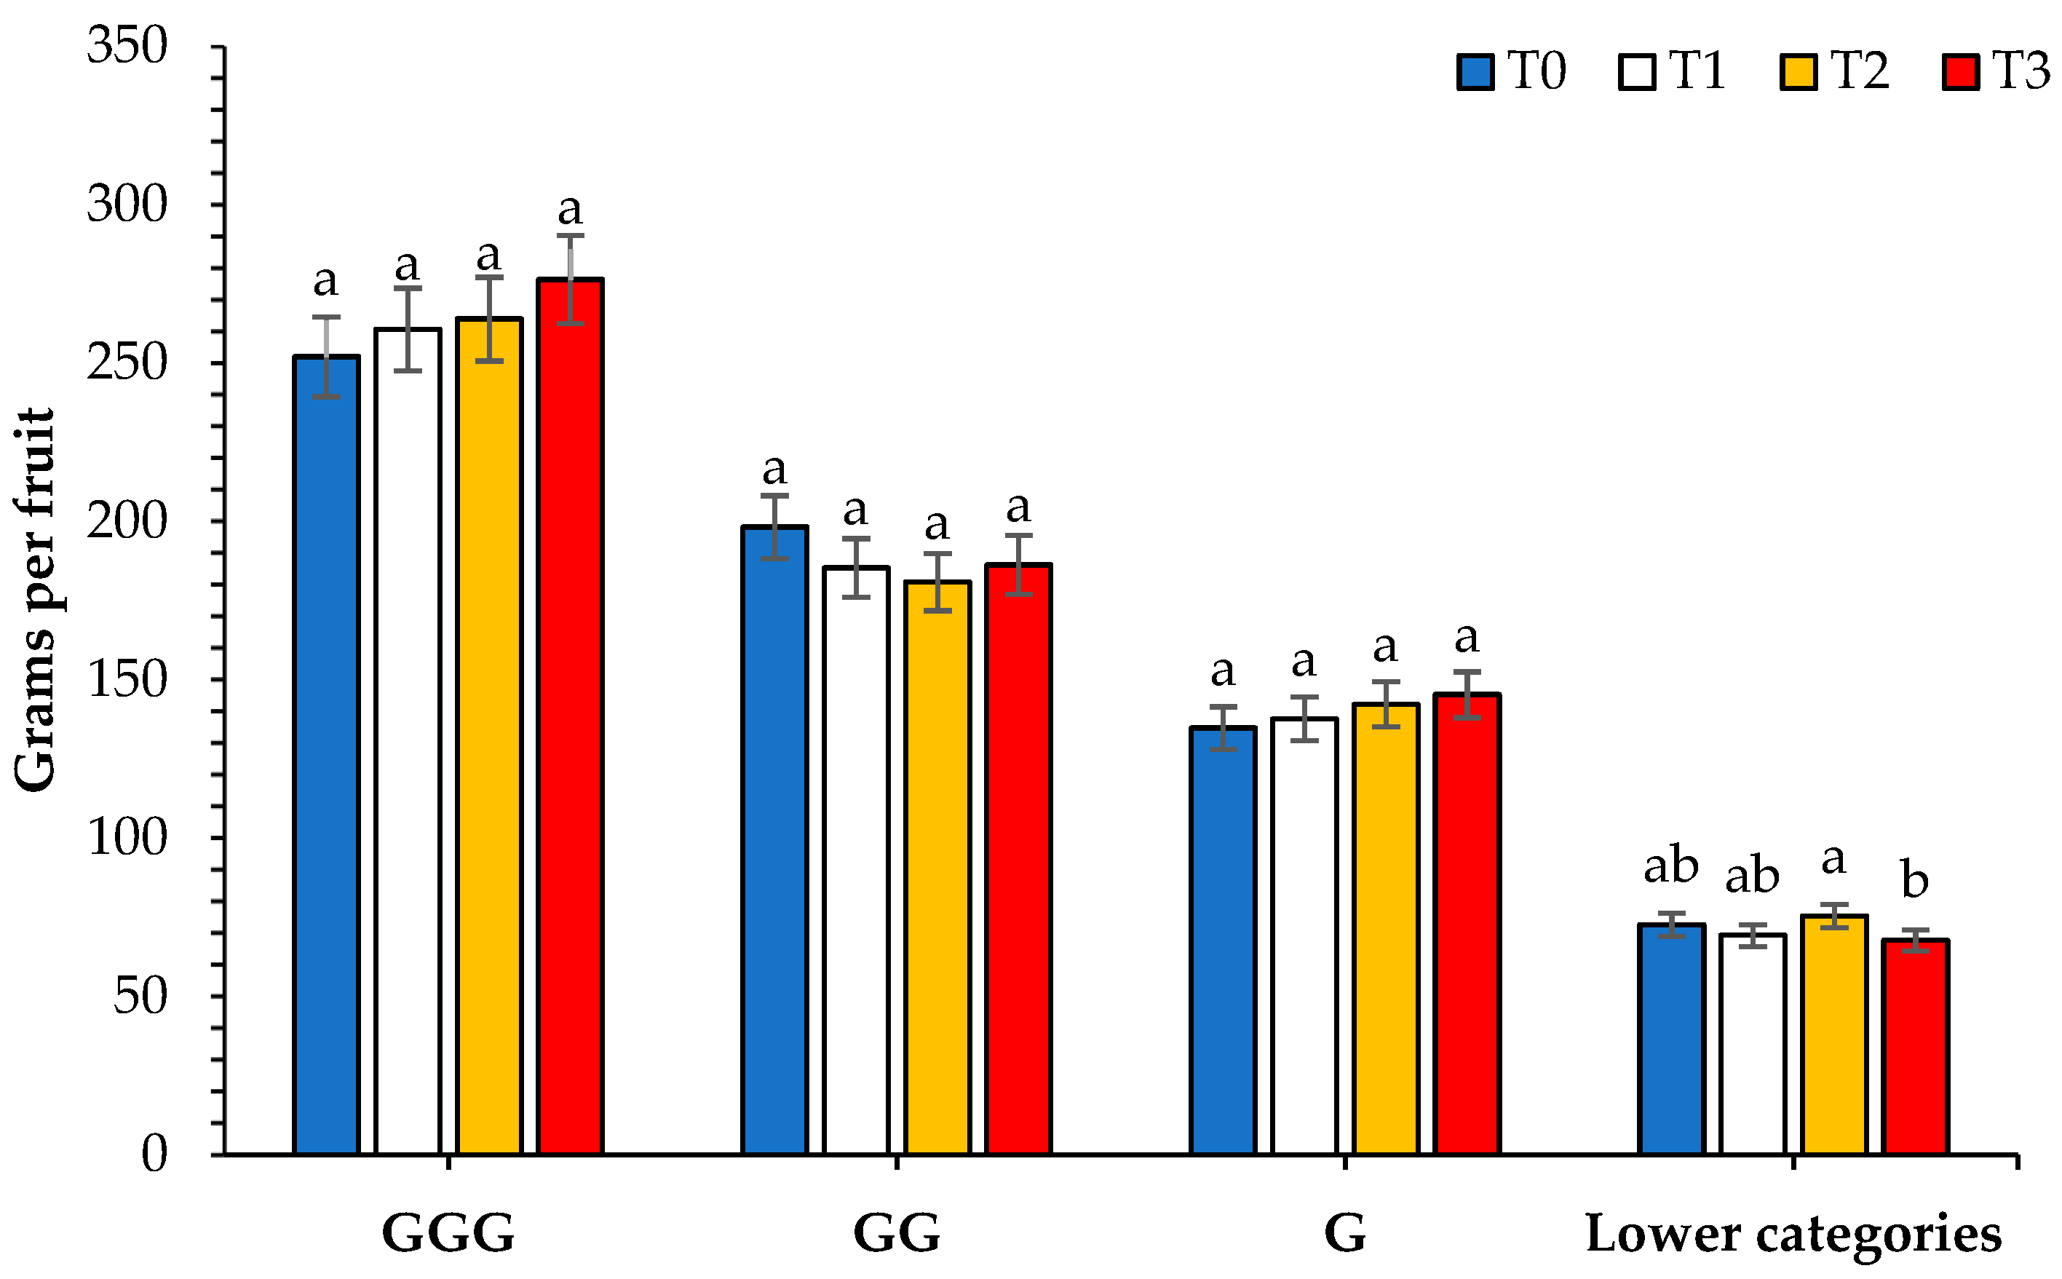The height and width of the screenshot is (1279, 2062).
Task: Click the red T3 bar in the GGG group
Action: tap(570, 719)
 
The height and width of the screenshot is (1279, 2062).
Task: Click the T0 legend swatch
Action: tap(1475, 72)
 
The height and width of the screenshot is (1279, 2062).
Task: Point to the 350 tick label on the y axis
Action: tap(127, 46)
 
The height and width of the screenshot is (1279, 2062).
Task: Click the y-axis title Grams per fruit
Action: tap(36, 601)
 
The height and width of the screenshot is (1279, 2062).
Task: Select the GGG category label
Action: tap(448, 1233)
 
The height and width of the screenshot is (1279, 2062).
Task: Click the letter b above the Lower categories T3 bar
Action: tap(1915, 880)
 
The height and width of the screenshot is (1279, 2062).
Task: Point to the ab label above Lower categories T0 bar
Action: tap(1670, 867)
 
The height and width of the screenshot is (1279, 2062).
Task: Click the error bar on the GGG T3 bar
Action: tap(570, 279)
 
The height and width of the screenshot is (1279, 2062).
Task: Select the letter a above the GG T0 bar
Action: tap(774, 470)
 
